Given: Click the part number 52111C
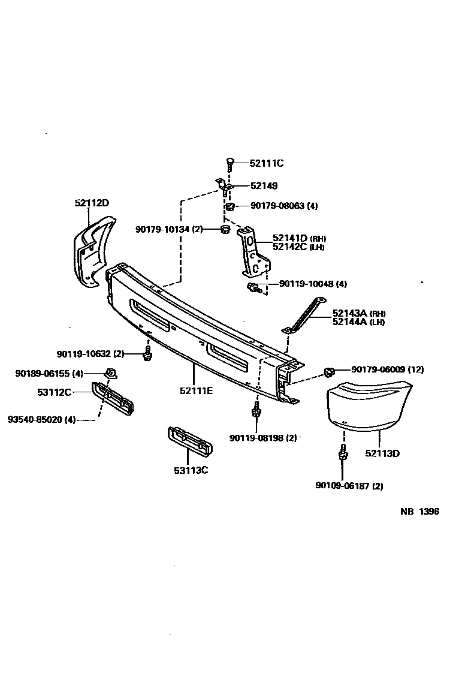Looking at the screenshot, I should [267, 163].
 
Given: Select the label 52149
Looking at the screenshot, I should [264, 186].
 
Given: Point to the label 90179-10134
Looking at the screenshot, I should [169, 229].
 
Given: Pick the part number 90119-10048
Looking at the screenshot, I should [307, 284].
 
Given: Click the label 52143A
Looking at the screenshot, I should [351, 314].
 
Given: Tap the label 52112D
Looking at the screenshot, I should [92, 203].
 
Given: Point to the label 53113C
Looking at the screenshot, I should [188, 470].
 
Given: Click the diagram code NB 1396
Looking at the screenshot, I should [419, 512].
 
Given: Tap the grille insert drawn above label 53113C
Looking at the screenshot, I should [191, 443].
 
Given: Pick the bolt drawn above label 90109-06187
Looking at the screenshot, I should [343, 456].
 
